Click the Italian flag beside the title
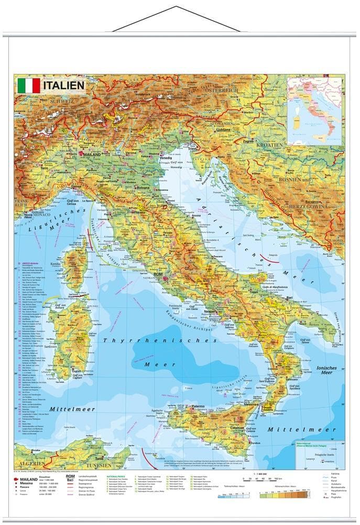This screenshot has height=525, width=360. [x=29, y=86]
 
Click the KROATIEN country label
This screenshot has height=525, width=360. [x=269, y=144]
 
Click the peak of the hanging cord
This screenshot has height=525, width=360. [x=176, y=7]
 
